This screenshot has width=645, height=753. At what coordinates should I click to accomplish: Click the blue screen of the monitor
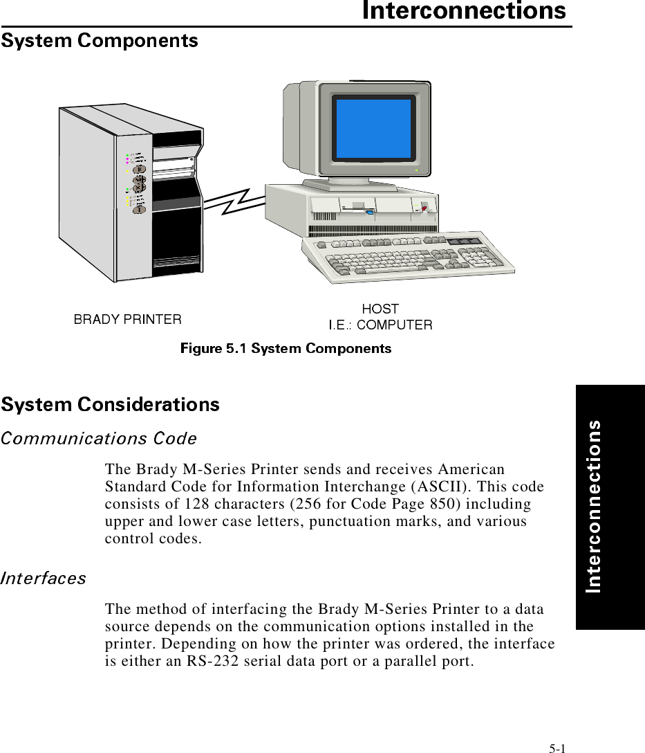pos(374,129)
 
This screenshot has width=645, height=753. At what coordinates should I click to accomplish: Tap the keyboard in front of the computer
pos(408,260)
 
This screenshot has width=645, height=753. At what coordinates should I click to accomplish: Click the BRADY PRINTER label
pos(128,319)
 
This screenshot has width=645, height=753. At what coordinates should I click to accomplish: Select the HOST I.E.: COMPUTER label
pos(380,317)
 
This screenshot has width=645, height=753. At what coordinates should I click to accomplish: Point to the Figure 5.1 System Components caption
pos(286,348)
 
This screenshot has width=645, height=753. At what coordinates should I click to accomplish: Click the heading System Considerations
pos(111,404)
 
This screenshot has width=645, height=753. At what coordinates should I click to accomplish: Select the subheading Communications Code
pos(99,438)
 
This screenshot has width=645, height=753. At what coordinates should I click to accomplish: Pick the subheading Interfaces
pos(44,577)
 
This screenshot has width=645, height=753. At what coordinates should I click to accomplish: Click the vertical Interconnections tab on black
pos(593,506)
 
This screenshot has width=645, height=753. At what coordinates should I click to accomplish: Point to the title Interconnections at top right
pos(465,12)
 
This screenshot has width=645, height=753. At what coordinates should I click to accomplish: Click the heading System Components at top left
pos(100,42)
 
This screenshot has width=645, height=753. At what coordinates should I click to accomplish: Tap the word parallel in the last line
pos(406,660)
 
